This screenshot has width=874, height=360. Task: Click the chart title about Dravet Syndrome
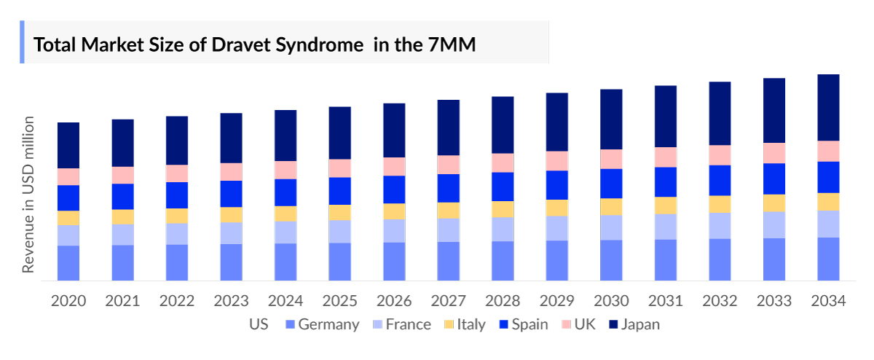click(x=254, y=45)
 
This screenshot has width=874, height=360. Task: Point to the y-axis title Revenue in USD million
click(x=28, y=194)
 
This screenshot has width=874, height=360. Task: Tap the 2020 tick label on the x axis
click(x=68, y=301)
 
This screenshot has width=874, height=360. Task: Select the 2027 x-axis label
click(x=448, y=301)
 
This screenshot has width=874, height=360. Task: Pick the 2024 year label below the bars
click(x=286, y=301)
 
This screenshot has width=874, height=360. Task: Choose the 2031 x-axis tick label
click(x=665, y=301)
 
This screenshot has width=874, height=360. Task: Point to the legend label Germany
click(x=328, y=324)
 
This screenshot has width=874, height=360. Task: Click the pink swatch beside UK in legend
click(x=564, y=324)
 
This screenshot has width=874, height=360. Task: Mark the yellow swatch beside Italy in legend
click(x=447, y=324)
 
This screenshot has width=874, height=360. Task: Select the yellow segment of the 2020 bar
click(x=68, y=218)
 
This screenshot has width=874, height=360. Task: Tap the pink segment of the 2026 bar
click(x=394, y=166)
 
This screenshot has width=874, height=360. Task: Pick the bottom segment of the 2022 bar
click(x=177, y=262)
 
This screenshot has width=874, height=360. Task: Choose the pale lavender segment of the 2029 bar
click(x=556, y=228)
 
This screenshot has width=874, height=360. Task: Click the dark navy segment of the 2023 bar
click(x=231, y=138)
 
